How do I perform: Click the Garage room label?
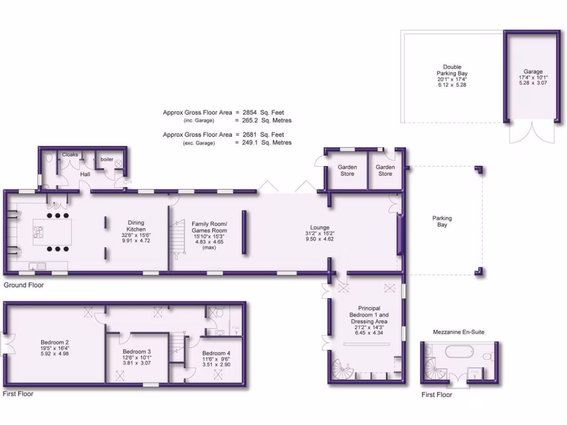point(533,71)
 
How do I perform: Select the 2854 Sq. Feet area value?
point(265,112)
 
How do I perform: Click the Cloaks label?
point(70,155)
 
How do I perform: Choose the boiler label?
point(107,159)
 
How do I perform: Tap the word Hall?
point(85,174)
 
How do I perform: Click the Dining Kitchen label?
point(136,226)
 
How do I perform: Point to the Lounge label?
point(319,227)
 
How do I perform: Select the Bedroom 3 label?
point(137,352)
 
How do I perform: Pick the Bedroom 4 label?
point(216,354)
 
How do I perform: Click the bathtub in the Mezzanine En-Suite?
point(457,351)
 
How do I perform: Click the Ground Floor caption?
point(24,286)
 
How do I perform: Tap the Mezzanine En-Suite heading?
point(460,332)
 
